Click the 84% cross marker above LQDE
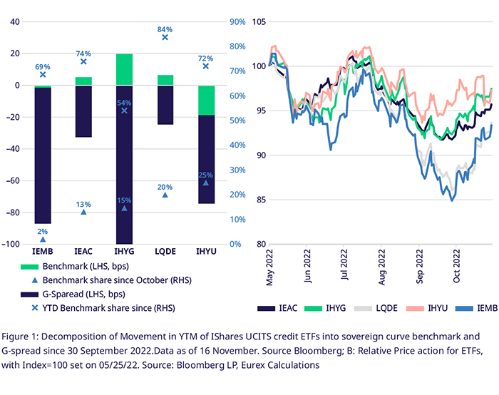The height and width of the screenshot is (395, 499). [x=165, y=37]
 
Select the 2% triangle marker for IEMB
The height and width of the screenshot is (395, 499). [x=43, y=240]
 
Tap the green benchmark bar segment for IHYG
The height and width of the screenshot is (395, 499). [x=124, y=69]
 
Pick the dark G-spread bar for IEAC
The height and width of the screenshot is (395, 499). [x=83, y=111]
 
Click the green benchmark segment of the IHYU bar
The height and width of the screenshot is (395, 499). [x=206, y=100]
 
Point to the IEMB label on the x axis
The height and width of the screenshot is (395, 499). [x=43, y=252]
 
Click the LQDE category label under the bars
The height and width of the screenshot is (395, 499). [x=165, y=252]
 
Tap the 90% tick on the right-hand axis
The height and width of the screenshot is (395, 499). [x=237, y=22]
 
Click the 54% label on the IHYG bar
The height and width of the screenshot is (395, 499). [x=124, y=103]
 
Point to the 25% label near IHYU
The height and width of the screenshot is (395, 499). [x=206, y=175]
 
